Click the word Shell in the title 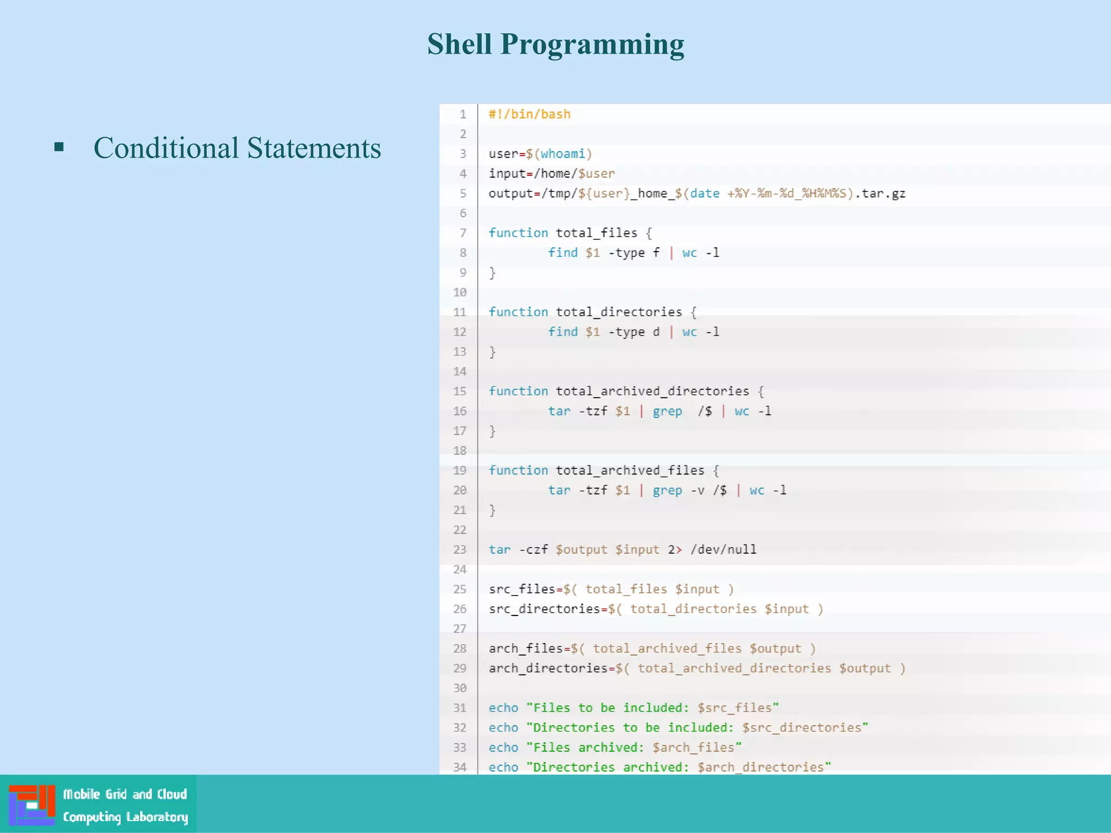click(x=459, y=44)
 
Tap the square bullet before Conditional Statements click(x=59, y=146)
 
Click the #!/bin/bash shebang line click(x=529, y=114)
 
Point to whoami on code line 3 click(x=563, y=154)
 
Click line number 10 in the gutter click(x=459, y=292)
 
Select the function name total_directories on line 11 click(x=618, y=312)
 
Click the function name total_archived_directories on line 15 click(x=652, y=392)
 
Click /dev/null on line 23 click(x=723, y=550)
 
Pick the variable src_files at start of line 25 click(x=521, y=589)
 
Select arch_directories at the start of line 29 click(x=547, y=669)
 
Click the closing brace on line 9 click(x=493, y=273)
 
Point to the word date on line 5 click(x=705, y=194)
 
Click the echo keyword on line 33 click(x=503, y=748)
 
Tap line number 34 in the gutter click(x=459, y=767)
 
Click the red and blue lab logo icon click(x=32, y=805)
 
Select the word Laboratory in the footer click(x=157, y=817)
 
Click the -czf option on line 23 click(x=533, y=550)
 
